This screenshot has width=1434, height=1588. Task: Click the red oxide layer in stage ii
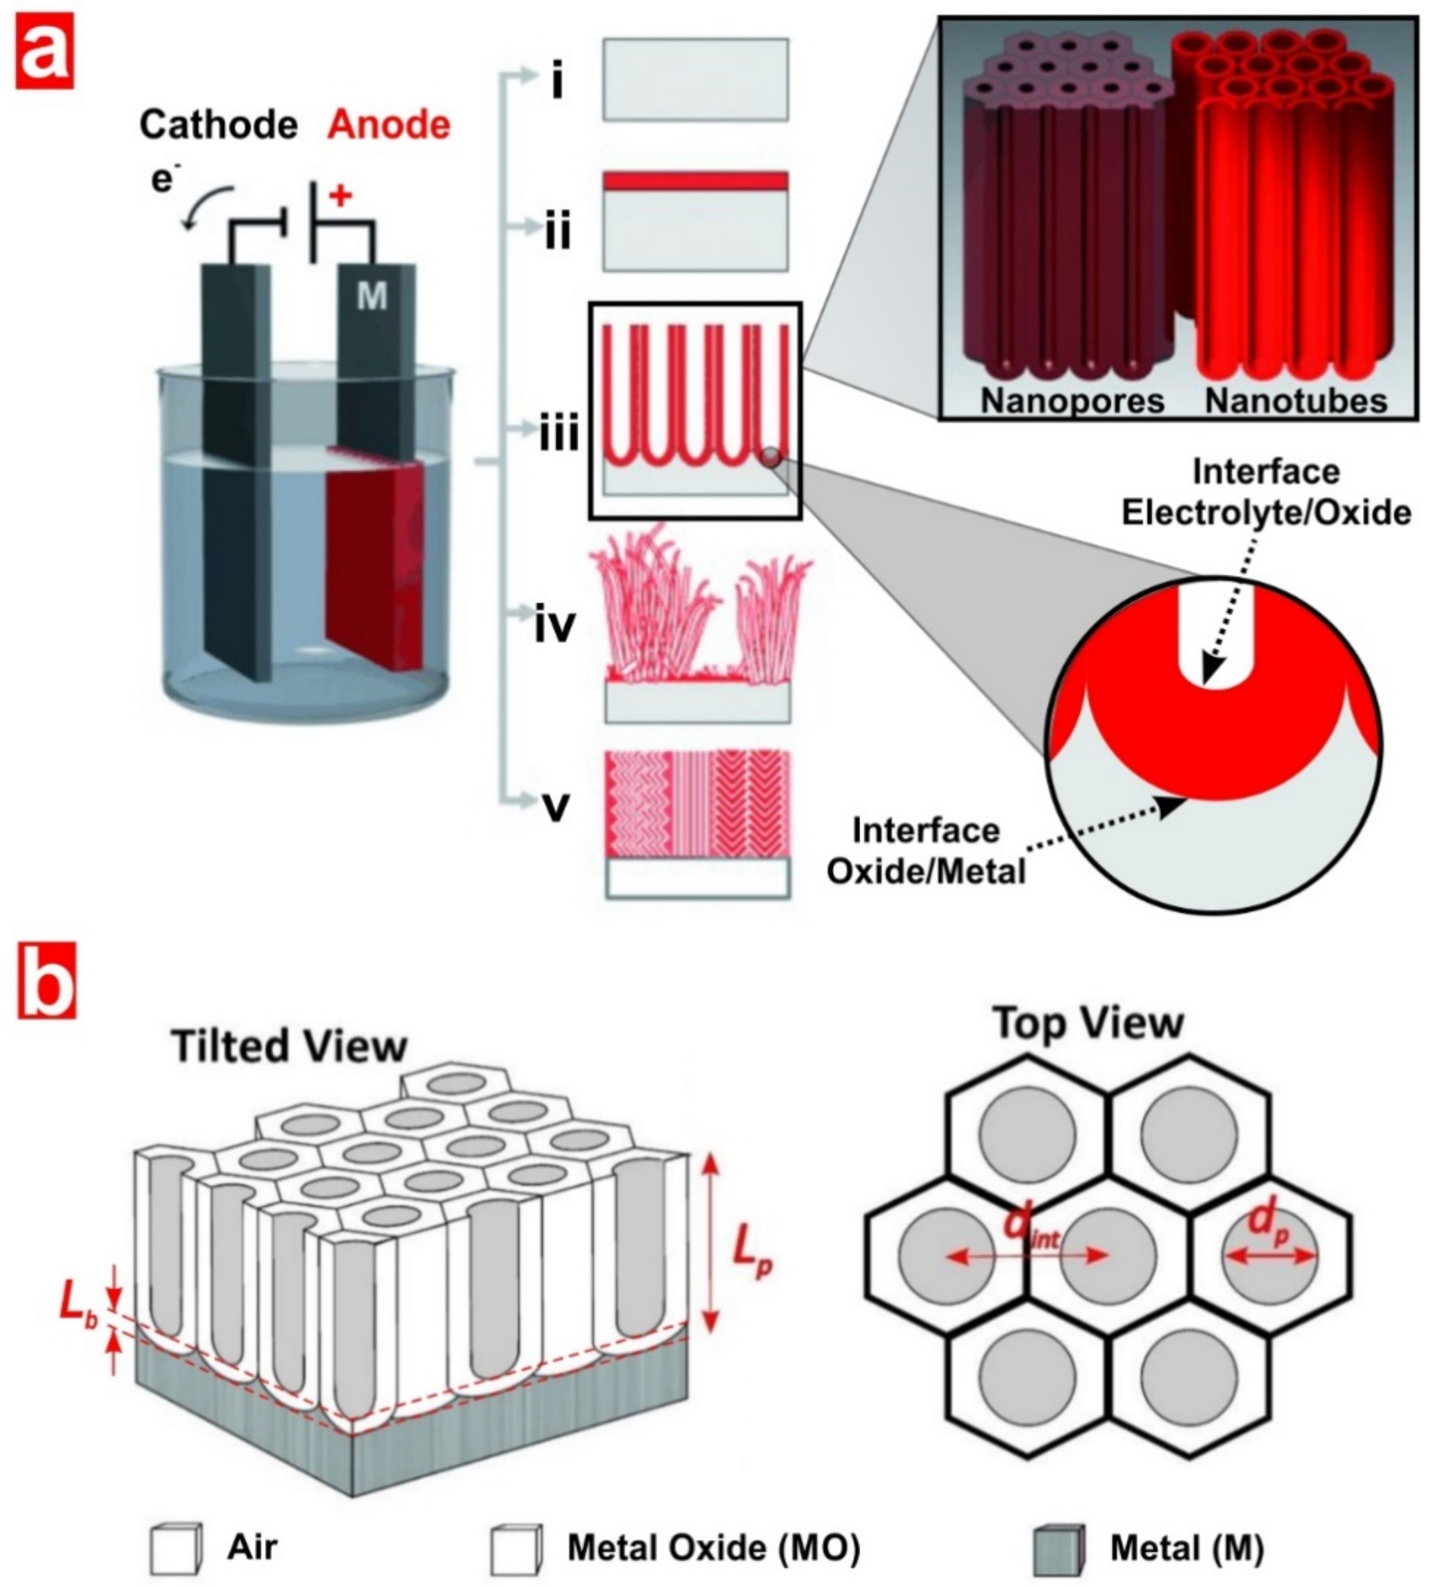click(x=695, y=181)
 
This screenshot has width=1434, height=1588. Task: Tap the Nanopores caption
click(x=1072, y=401)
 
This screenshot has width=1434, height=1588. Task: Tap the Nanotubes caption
click(x=1296, y=401)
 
